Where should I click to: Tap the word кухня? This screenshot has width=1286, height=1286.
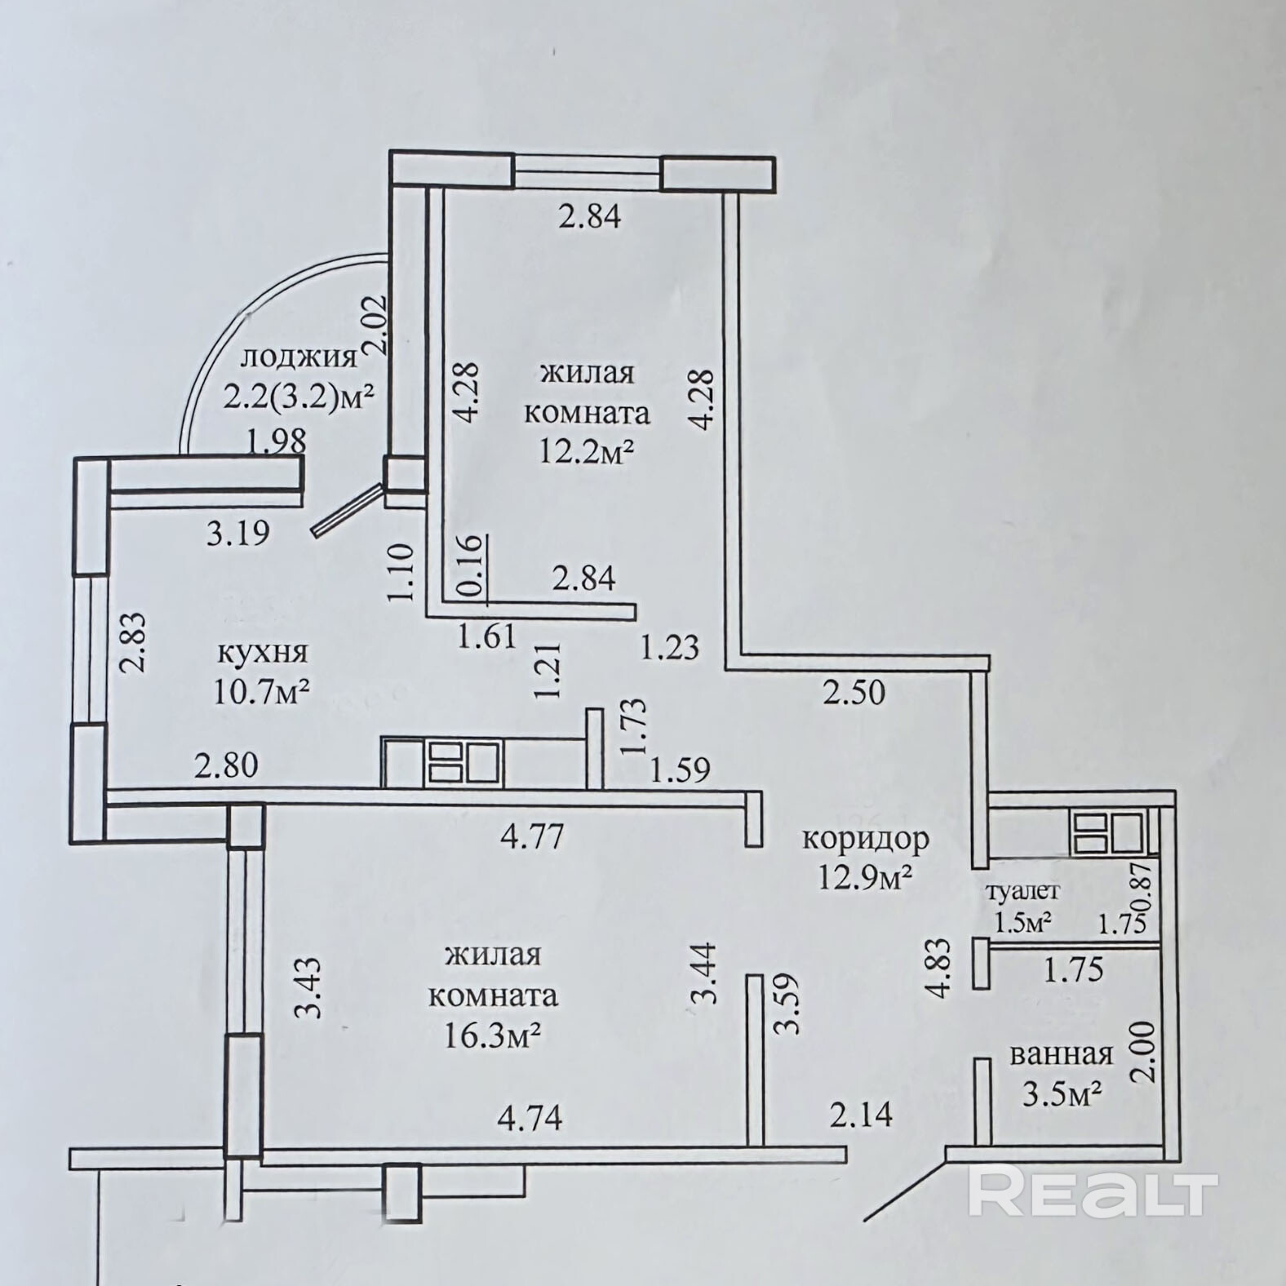[x=263, y=652]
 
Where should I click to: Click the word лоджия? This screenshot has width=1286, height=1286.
[x=299, y=357]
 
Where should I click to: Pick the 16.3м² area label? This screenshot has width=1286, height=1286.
[x=493, y=1035]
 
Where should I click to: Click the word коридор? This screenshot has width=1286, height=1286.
[x=865, y=839]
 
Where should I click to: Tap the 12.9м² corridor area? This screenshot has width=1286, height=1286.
[x=865, y=878]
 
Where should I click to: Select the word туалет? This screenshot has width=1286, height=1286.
[x=1022, y=891]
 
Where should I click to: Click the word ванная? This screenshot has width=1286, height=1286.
[x=1062, y=1053]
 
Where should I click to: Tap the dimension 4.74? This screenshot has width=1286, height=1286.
[x=530, y=1117]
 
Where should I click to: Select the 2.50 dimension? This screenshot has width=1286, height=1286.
[x=854, y=693]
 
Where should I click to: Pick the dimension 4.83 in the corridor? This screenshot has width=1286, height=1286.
[x=941, y=968]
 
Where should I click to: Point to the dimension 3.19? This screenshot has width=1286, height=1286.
[x=237, y=534]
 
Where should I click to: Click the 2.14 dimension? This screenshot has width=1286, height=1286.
[x=861, y=1113]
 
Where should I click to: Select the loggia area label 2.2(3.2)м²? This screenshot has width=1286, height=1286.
[x=299, y=398]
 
